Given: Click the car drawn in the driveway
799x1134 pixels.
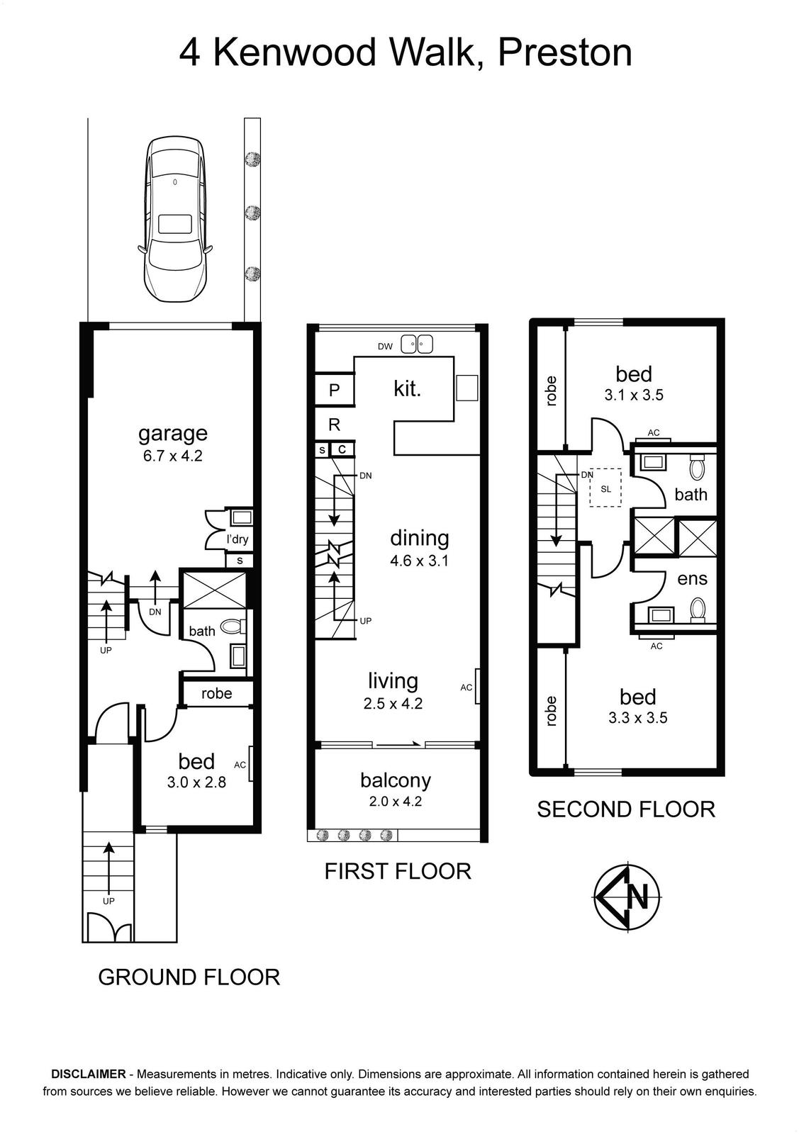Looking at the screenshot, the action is (x=174, y=220).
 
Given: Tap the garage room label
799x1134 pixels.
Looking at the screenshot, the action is (x=173, y=433).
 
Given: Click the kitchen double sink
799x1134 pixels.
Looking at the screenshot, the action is (x=416, y=344).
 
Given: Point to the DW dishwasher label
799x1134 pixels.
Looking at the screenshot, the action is (x=386, y=347).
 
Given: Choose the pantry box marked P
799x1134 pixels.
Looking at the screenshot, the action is (x=334, y=389).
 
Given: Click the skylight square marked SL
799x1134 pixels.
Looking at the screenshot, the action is (x=605, y=487).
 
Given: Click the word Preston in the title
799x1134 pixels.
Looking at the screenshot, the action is (x=565, y=52).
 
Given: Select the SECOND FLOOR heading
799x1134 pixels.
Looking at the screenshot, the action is (x=626, y=809).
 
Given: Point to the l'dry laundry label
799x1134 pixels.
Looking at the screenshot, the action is (x=238, y=539).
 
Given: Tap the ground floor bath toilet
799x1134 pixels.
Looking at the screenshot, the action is (x=234, y=627).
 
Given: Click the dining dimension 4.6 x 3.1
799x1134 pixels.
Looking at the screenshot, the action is (x=419, y=561).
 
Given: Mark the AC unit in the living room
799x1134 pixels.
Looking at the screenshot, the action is (x=477, y=686).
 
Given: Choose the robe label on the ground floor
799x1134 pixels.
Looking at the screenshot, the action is (x=217, y=693).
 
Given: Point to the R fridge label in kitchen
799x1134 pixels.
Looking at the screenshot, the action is (x=334, y=425).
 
